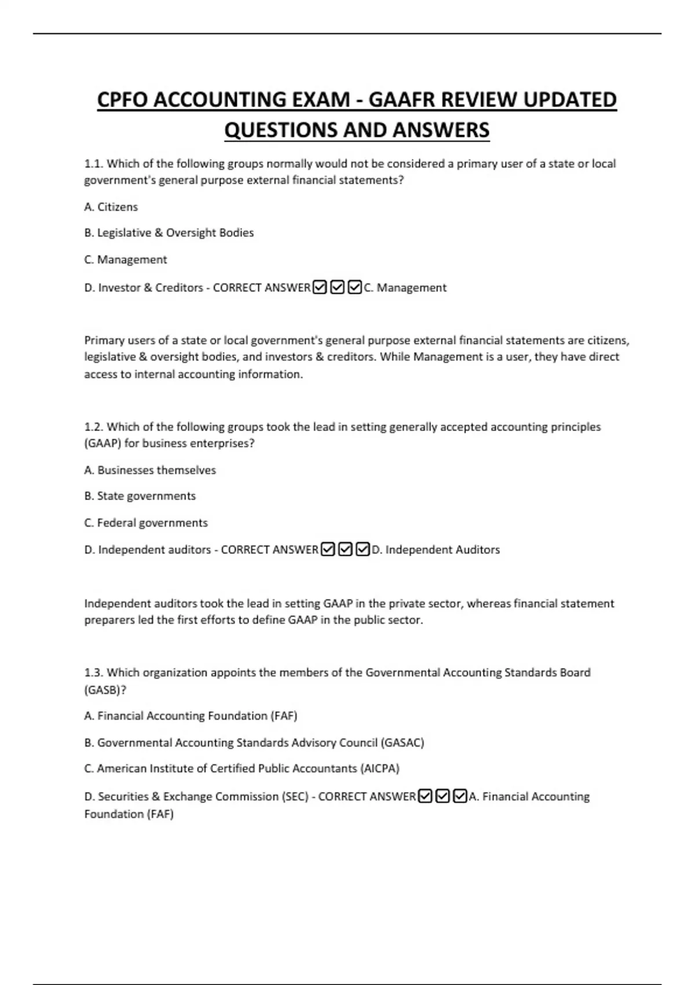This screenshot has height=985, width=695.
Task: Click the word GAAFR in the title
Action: [402, 100]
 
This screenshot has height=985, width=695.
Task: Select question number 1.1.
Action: [93, 164]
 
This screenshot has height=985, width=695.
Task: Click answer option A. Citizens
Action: [111, 207]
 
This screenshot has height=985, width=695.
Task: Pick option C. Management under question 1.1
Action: [126, 260]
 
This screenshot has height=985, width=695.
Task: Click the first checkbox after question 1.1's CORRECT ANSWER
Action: [320, 287]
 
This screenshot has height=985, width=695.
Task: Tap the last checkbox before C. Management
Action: [355, 287]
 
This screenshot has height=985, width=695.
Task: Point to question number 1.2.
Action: [93, 427]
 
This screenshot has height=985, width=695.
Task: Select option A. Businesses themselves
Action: [150, 470]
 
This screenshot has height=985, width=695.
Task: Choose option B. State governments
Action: [140, 496]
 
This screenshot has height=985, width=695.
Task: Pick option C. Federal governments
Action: [146, 523]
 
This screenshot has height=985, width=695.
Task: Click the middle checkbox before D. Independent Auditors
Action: [345, 549]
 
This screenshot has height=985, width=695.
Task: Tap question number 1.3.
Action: [93, 673]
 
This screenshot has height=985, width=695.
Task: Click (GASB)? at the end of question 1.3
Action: [105, 690]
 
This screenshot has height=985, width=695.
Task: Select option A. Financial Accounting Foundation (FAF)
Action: [191, 716]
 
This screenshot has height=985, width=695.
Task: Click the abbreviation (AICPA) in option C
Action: [380, 769]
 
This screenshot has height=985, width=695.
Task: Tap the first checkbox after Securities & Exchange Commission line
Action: [425, 797]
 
